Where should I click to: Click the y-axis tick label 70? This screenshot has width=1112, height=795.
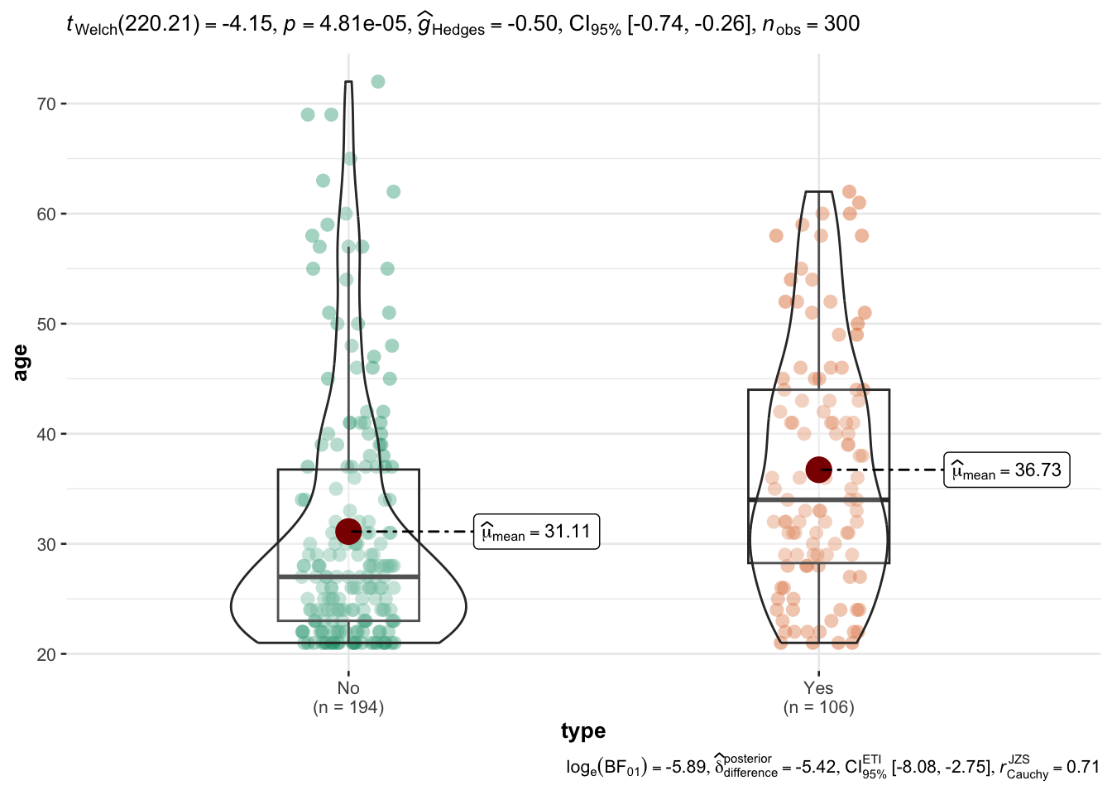[x=46, y=104]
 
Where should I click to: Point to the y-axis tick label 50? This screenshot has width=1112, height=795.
[x=46, y=325]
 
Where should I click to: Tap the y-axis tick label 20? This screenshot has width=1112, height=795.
[x=46, y=655]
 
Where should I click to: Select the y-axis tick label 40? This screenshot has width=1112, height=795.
[x=46, y=435]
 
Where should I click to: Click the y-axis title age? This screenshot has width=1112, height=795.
[x=21, y=363]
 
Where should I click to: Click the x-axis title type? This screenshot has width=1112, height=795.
[x=583, y=731]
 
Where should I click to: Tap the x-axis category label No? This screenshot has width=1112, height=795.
[x=348, y=688]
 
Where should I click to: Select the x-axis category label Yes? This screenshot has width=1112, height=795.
[x=818, y=688]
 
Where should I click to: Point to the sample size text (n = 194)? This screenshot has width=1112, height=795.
[x=348, y=707]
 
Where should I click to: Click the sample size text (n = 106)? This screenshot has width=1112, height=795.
[x=818, y=707]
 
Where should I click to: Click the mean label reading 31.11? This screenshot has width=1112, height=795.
[x=536, y=532]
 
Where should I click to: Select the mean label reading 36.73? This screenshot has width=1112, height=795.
[x=1007, y=470]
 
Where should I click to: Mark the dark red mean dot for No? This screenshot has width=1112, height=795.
[x=348, y=532]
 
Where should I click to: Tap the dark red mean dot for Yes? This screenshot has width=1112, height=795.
[x=818, y=470]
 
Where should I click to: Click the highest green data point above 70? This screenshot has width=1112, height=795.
[x=378, y=81]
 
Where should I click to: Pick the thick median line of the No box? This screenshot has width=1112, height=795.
[x=348, y=576]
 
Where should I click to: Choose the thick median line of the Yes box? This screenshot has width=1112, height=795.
[x=818, y=499]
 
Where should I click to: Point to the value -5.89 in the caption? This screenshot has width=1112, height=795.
[x=681, y=768]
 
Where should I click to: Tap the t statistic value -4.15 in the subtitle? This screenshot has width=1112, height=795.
[x=246, y=25]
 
